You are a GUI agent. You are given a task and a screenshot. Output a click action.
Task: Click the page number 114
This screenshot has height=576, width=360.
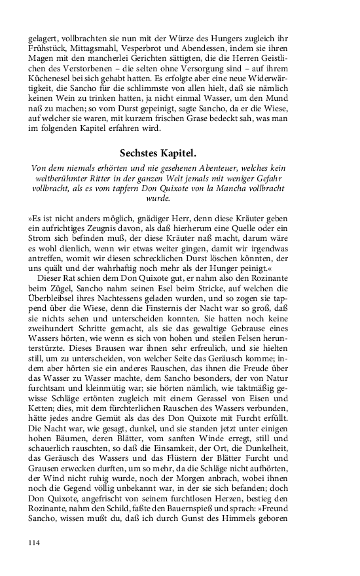point(35,542)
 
